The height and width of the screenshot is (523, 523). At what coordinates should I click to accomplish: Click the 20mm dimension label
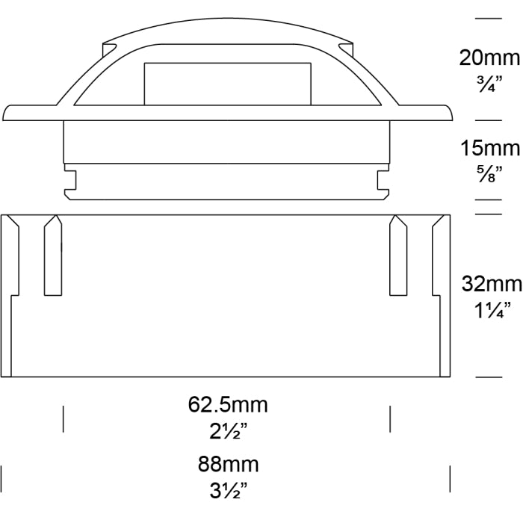coord(488,57)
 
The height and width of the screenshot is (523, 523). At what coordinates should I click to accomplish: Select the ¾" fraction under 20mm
coord(488,83)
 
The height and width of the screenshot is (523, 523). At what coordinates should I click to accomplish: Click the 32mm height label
coord(488,284)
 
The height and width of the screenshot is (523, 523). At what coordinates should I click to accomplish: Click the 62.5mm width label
coord(228,406)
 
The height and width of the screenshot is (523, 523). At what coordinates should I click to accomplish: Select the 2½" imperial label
coord(228,432)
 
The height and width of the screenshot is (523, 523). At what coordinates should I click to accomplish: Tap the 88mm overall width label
coord(228,464)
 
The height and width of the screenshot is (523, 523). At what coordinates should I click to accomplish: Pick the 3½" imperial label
coord(228,490)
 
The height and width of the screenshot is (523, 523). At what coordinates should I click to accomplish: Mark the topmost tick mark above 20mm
coord(488,17)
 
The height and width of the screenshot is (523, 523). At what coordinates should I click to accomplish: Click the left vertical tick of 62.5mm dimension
coord(63,419)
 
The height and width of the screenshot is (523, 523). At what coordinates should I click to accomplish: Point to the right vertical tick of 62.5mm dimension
coord(390,419)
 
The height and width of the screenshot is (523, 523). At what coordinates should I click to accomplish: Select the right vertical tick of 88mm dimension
coord(450,477)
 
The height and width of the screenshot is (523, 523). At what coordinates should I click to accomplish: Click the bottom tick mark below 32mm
coord(488,377)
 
